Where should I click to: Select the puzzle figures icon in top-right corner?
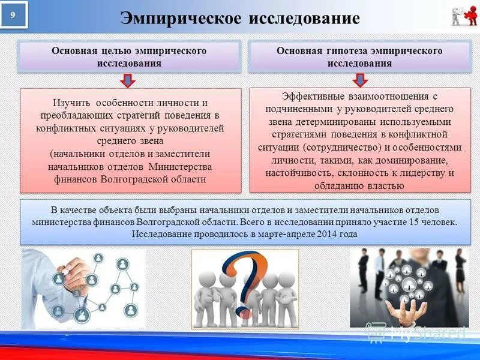coord(463,16)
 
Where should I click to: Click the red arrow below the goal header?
coord(127,80)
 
